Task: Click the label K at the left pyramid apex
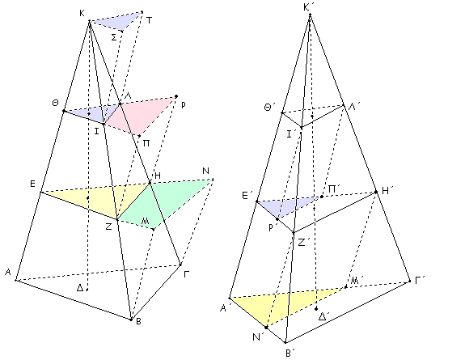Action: point(82,13)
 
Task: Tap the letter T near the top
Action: point(149,20)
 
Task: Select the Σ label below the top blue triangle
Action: point(114,38)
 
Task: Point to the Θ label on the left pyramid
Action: point(55,104)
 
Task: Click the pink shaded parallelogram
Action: point(139,115)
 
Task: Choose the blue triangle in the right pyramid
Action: point(286,205)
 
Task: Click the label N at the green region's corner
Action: point(205,171)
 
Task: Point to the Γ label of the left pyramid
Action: point(187,274)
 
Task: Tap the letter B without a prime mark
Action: point(138,321)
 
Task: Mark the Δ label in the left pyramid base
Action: point(80,287)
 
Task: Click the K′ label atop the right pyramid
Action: point(307,7)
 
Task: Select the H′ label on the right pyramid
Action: point(386,191)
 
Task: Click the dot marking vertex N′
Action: point(266,328)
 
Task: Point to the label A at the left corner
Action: point(8,272)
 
